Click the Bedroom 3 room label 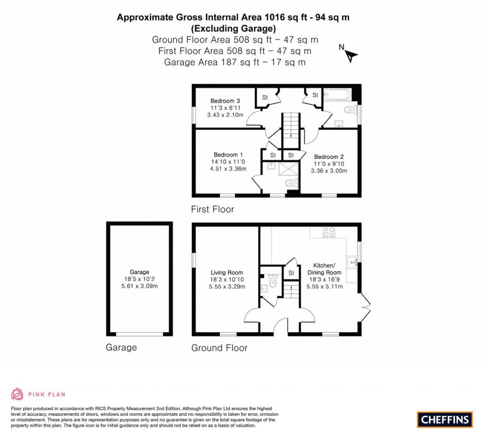point(225,101)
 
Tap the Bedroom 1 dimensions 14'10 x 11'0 point(228,162)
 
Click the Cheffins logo point(445,419)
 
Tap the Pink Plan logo point(38,394)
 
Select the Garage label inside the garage point(139,272)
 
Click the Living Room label point(227,272)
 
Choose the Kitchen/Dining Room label point(324,269)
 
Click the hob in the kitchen point(328,232)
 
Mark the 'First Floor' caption point(212,209)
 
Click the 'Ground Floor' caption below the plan point(219,348)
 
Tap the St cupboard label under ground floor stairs point(291,273)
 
